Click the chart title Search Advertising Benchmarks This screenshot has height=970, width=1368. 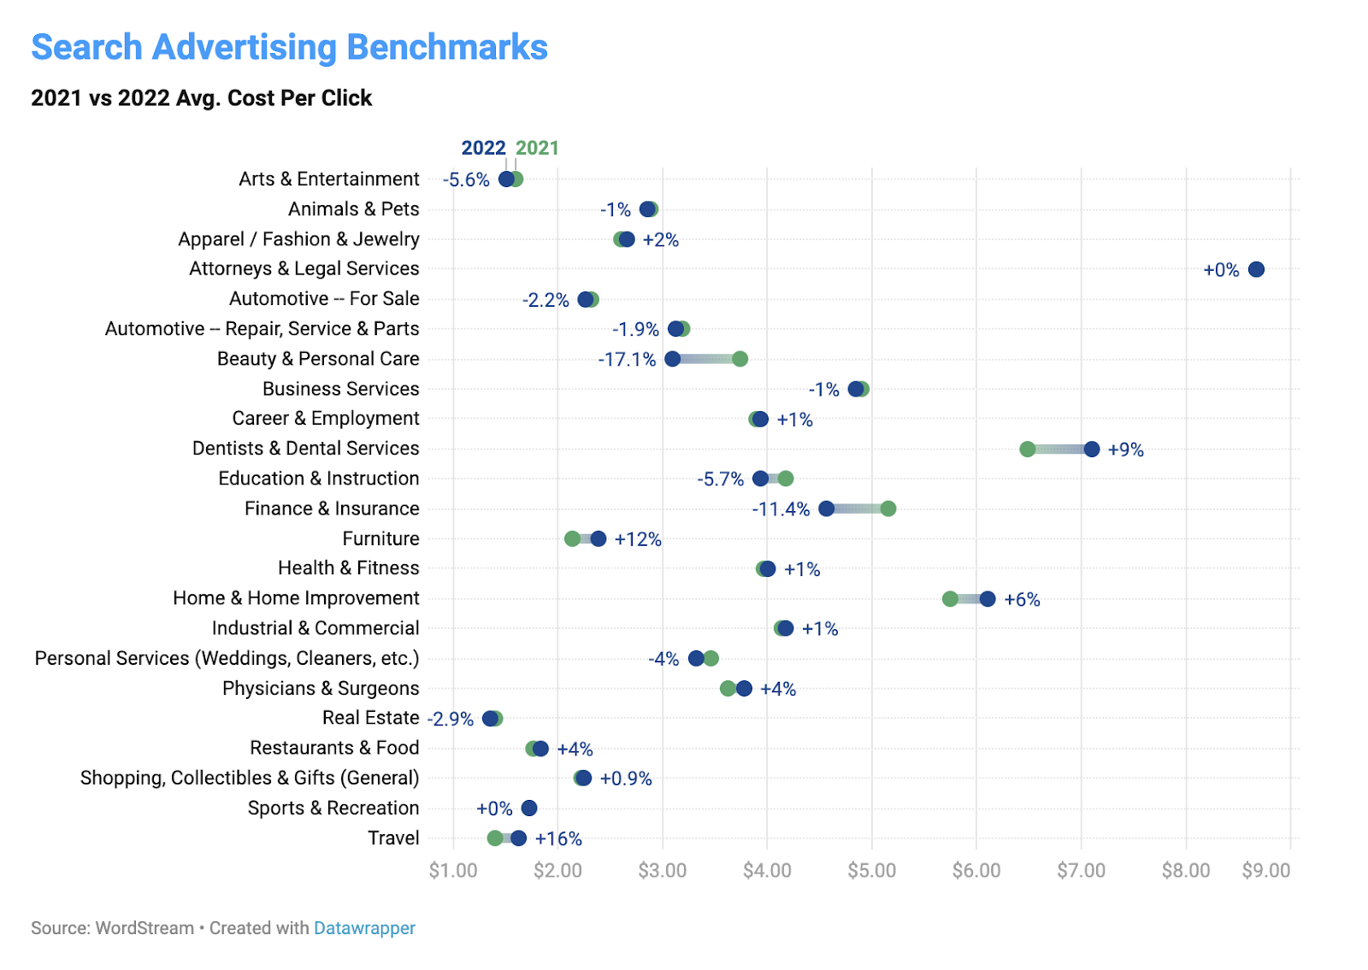click(x=289, y=48)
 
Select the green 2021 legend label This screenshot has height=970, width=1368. click(x=537, y=148)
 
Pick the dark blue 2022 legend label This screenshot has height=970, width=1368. click(x=483, y=148)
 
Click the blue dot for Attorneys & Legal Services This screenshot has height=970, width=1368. click(x=1256, y=269)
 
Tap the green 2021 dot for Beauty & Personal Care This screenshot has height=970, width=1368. click(x=740, y=359)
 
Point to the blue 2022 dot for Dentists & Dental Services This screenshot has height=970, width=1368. click(x=1092, y=450)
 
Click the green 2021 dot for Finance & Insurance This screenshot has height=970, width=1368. click(x=888, y=509)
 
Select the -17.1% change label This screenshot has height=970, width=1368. click(x=627, y=360)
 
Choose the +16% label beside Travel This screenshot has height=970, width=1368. click(x=558, y=839)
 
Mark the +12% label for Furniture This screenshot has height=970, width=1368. click(x=638, y=539)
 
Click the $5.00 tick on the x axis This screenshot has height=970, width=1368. click(x=871, y=871)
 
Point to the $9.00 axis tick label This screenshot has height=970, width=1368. click(x=1266, y=871)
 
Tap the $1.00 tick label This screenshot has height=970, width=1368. click(x=453, y=871)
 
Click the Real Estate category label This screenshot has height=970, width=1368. click(x=370, y=718)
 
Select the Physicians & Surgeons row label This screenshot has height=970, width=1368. click(x=321, y=689)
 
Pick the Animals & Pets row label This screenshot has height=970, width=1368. click(x=353, y=209)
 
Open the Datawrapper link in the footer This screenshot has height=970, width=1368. click(x=364, y=928)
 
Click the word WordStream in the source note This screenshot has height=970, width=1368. click(x=144, y=928)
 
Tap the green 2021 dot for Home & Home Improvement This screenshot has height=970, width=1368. click(x=950, y=599)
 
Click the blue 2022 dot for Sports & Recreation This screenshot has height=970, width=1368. click(x=529, y=808)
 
